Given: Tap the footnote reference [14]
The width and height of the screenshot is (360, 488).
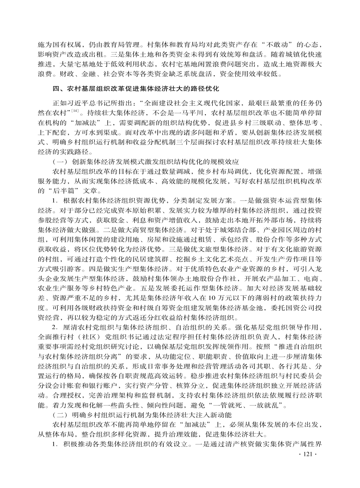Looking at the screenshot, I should (75, 110).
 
